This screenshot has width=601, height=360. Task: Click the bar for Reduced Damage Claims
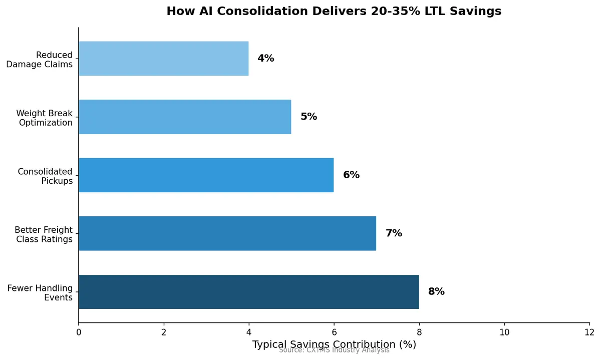pos(163,59)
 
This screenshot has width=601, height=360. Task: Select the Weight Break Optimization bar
pos(185,117)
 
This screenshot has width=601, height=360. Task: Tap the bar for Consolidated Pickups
pos(206,175)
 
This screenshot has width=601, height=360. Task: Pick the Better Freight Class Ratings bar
pos(227,233)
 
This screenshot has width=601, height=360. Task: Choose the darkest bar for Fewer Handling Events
pos(248,292)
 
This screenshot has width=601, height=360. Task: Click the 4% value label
pos(266,59)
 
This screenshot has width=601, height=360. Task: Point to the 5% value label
pos(309,117)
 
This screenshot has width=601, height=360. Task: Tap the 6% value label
pos(351,175)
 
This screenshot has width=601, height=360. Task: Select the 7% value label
pos(394,233)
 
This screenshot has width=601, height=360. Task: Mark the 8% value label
pos(436,292)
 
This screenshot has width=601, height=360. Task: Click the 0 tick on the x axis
pos(79,332)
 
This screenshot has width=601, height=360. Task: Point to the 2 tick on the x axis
pos(164,332)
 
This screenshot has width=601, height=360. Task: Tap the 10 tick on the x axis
pos(504,332)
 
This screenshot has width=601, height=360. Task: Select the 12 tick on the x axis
pos(589,332)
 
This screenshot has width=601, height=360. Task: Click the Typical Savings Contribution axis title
pos(334,344)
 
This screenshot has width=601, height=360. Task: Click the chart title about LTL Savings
pos(334,11)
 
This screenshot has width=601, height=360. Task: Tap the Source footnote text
pos(334,350)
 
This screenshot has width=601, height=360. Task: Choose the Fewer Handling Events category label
pos(40,293)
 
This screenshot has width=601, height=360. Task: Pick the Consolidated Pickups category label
pos(45,176)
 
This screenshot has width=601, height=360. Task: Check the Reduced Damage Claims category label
pos(40,60)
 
